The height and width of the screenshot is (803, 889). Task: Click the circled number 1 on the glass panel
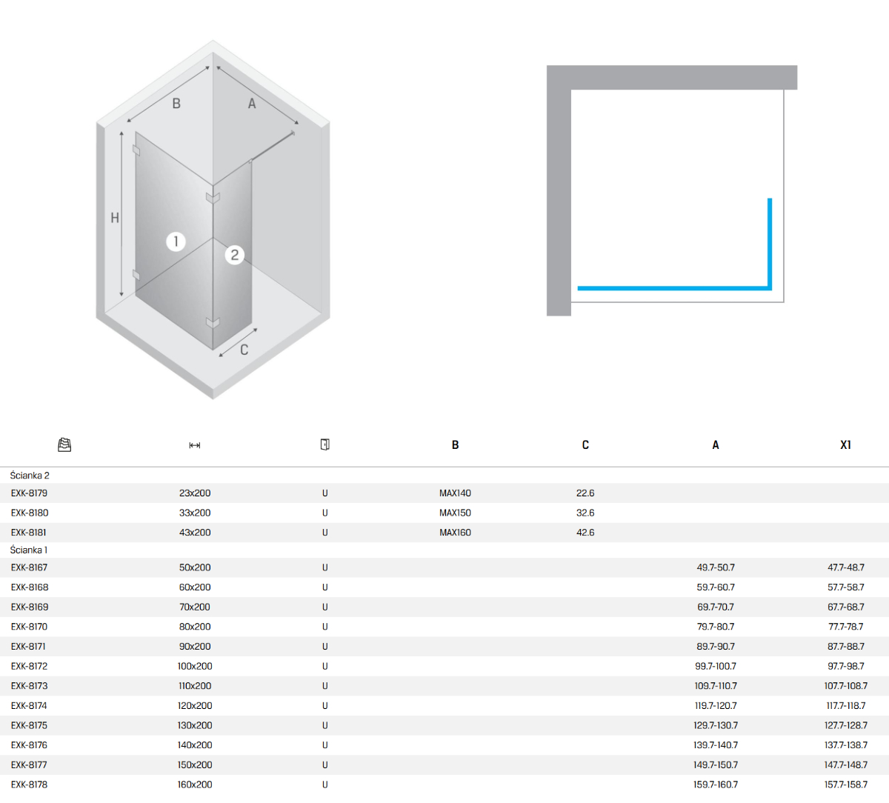pyautogui.click(x=176, y=241)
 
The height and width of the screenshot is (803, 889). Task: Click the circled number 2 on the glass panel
pyautogui.click(x=234, y=255)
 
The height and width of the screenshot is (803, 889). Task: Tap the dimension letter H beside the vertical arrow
pyautogui.click(x=115, y=218)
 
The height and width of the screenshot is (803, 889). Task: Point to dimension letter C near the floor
pyautogui.click(x=244, y=350)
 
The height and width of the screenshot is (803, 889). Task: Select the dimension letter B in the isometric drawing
pyautogui.click(x=176, y=103)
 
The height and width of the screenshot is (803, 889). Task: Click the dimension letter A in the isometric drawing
pyautogui.click(x=252, y=103)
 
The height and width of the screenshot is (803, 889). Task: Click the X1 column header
pyautogui.click(x=845, y=444)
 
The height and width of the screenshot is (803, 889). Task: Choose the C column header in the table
pyautogui.click(x=585, y=444)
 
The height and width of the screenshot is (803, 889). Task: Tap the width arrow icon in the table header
pyautogui.click(x=195, y=445)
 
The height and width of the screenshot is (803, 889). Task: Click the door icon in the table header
pyautogui.click(x=324, y=444)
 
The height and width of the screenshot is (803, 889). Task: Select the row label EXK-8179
pyautogui.click(x=29, y=493)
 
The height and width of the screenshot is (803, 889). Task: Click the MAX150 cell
pyautogui.click(x=455, y=513)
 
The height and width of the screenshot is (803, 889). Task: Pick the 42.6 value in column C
pyautogui.click(x=585, y=532)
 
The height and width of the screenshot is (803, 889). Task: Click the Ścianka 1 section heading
pyautogui.click(x=28, y=550)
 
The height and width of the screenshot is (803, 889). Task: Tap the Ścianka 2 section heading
pyautogui.click(x=30, y=476)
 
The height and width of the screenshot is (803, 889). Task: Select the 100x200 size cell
pyautogui.click(x=195, y=666)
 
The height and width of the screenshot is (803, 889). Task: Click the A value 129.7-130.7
pyautogui.click(x=716, y=725)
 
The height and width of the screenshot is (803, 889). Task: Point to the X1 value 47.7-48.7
pyautogui.click(x=846, y=567)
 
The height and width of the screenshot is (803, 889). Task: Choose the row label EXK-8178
pyautogui.click(x=29, y=784)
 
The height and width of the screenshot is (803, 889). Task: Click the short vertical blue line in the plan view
pyautogui.click(x=770, y=244)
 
